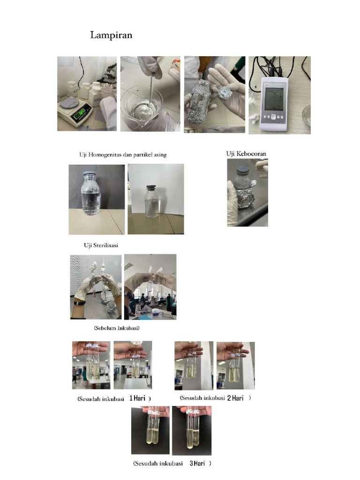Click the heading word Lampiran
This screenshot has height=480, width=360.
111,35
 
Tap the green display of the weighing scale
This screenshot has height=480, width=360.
82,113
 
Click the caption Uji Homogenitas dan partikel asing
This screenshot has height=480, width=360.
123,155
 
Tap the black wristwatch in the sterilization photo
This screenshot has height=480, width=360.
79,303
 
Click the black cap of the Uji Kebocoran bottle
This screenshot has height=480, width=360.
242,170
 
